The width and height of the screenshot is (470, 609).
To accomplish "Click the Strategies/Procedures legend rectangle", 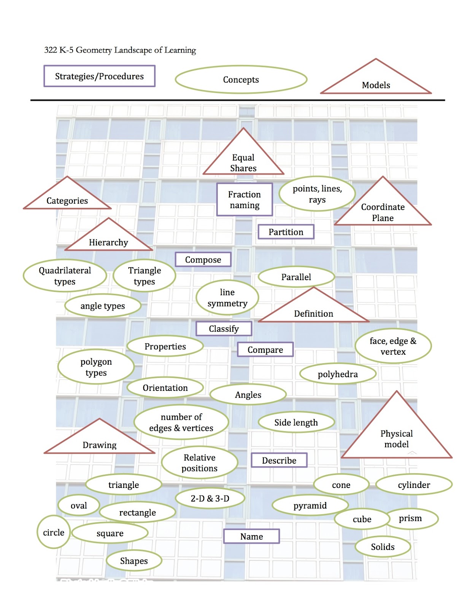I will tap(99, 76).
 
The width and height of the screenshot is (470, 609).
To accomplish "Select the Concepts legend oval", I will tap(241, 80).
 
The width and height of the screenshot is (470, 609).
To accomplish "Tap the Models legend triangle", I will tap(376, 82).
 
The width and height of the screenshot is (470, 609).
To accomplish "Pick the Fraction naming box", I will tap(245, 199).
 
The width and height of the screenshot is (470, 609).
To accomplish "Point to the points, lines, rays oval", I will tap(317, 194).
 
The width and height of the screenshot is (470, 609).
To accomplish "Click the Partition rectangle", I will tap(286, 232).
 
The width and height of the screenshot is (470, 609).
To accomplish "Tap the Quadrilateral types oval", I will tap(65, 276).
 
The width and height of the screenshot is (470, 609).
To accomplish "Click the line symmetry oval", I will tap(227, 298).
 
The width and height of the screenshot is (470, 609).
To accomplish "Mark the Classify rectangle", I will tap(224, 328).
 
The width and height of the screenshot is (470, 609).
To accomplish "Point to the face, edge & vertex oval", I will tap(393, 346).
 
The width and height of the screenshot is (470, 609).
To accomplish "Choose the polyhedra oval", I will tap(338, 374).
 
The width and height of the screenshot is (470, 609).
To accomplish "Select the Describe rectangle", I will tap(279, 460).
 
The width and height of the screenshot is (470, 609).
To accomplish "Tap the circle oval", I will tap(54, 532).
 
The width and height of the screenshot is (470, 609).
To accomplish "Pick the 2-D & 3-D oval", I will tap(210, 498).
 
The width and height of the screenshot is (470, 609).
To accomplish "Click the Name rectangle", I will tap(251, 536).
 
